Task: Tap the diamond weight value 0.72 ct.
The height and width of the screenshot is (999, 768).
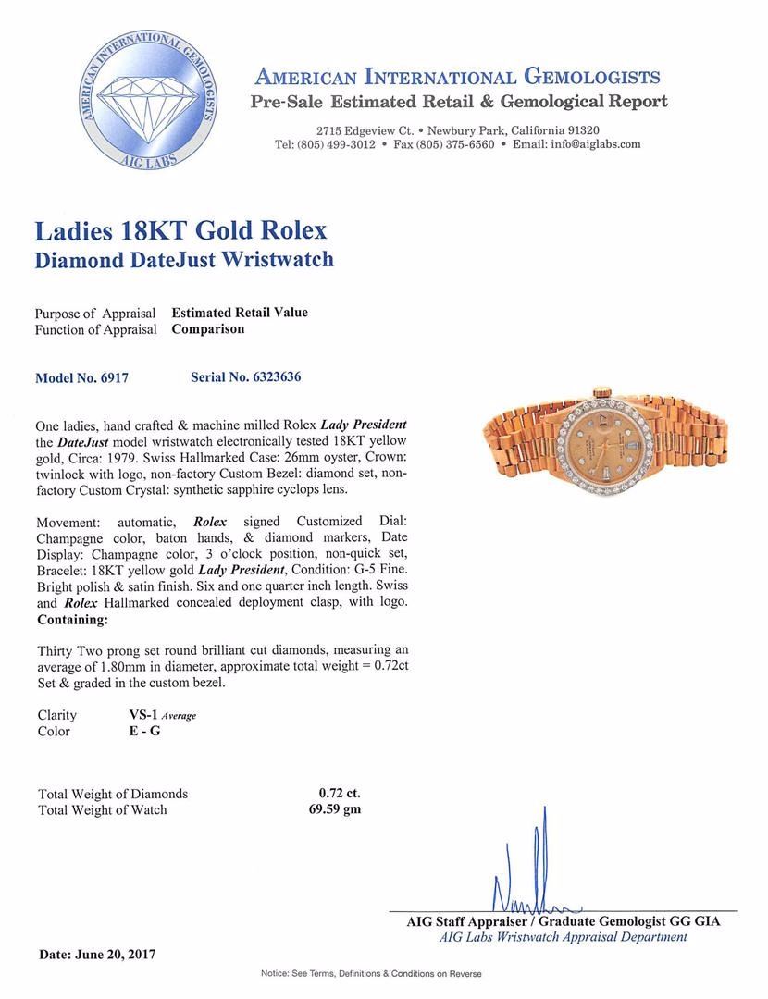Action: [340, 794]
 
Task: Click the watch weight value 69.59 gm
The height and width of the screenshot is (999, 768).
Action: [340, 810]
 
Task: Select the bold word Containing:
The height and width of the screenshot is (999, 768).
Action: [71, 620]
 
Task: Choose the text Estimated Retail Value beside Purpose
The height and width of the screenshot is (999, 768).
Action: [240, 313]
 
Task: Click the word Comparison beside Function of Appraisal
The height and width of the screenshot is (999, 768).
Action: [208, 329]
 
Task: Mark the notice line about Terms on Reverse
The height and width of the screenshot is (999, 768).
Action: [384, 974]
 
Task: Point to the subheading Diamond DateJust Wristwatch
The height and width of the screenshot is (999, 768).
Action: [184, 260]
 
